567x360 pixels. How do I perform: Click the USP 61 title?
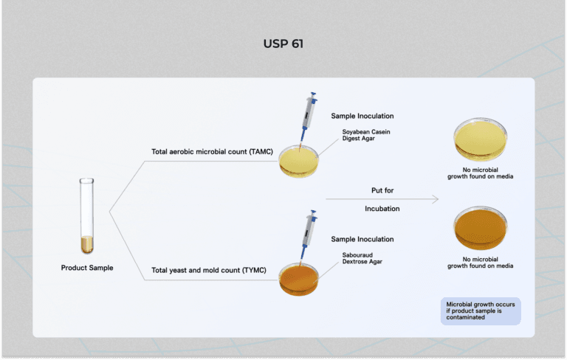283,44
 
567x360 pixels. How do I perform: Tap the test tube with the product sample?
87,216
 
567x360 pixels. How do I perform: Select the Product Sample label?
87,268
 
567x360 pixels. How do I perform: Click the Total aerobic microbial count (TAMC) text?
212,152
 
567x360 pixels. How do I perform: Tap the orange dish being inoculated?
299,280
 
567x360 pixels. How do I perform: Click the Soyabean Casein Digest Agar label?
366,135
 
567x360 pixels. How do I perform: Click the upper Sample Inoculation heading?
362,117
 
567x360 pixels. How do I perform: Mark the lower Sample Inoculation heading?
362,239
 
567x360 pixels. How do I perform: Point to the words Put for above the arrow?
382,190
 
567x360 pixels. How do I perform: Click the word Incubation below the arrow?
382,209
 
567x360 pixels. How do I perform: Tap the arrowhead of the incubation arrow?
436,199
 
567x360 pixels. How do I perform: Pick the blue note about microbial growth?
481,311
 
